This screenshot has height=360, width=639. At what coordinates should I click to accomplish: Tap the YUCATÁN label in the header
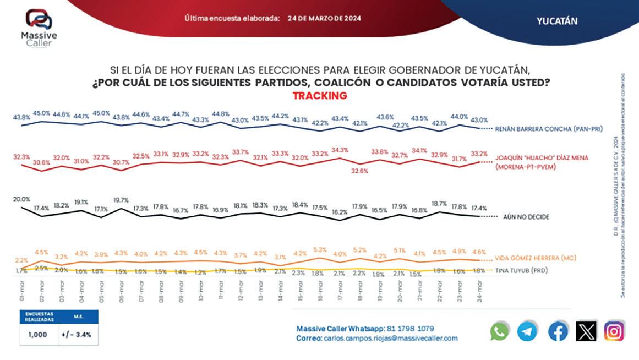point(557,21)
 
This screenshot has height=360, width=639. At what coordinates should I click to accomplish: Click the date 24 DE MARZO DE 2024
point(324,18)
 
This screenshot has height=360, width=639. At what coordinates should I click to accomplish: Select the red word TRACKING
point(320,95)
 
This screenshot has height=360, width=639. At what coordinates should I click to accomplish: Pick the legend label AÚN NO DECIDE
point(526,217)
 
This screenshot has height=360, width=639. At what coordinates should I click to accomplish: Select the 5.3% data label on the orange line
point(319,249)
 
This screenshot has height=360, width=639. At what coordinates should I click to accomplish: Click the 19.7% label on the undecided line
point(121,200)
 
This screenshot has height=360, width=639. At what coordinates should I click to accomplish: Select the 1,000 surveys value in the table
point(38,334)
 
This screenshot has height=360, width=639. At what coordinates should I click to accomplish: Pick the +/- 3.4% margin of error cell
point(77,334)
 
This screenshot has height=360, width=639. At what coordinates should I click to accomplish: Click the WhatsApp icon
point(499,331)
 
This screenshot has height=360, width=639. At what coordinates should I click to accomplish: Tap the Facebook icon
point(558,331)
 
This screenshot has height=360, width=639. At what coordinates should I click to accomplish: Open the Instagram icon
point(614,331)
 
